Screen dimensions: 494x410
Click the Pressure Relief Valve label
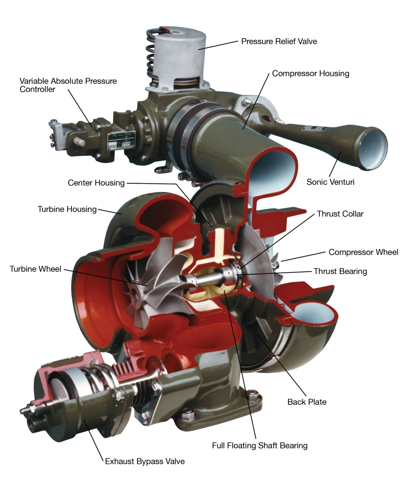point(279,41)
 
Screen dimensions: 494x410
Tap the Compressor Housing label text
point(310,73)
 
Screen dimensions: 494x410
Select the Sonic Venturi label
point(330,182)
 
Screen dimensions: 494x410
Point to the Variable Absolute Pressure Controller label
point(68,85)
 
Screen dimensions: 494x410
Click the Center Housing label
point(96,183)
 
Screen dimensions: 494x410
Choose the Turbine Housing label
point(67,209)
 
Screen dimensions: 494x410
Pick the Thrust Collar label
point(340,214)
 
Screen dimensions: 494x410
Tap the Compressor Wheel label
point(363,252)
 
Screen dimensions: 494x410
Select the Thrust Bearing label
point(340,271)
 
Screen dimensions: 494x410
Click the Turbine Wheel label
point(36,269)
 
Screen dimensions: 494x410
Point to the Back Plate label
point(307,402)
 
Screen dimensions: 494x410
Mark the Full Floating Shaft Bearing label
point(259,446)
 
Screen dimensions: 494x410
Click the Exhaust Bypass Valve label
point(145,462)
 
